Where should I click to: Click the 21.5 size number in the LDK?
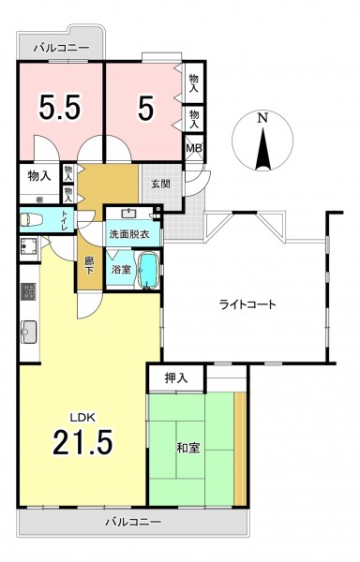click(82, 442)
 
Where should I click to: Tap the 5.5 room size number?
click(59, 107)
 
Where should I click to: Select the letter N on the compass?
click(263, 118)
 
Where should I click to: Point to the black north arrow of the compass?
click(263, 149)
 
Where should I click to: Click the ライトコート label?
click(247, 304)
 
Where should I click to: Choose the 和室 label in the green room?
click(188, 448)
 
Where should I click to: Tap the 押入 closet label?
click(176, 378)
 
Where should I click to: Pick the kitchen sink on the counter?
click(29, 332)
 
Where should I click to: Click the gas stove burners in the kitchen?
click(29, 291)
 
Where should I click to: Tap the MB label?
click(194, 148)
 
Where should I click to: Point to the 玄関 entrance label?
click(160, 185)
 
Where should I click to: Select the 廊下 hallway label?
click(88, 266)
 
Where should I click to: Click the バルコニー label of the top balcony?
click(61, 48)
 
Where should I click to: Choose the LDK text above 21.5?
click(82, 417)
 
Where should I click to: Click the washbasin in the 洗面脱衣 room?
click(128, 214)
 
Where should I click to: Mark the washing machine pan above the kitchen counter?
click(29, 249)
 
